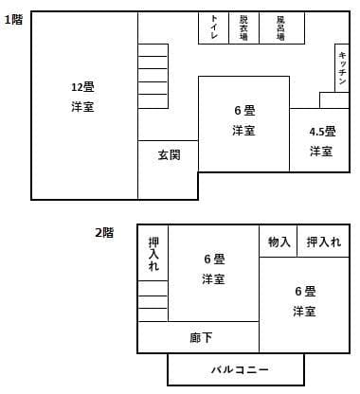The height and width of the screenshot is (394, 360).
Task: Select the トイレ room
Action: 214,28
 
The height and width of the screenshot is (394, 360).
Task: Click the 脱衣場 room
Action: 243,28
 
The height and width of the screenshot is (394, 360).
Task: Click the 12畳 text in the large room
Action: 82,87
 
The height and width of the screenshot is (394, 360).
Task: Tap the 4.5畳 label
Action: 320,131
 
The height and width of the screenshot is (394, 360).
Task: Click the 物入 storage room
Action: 279,242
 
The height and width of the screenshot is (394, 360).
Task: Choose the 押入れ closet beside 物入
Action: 323,242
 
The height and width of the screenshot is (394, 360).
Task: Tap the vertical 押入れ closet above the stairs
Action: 153,254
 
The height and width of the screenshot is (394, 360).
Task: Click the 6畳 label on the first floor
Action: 243,111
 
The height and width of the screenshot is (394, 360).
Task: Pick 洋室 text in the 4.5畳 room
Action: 320,152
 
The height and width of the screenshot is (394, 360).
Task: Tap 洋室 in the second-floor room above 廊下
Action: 213,279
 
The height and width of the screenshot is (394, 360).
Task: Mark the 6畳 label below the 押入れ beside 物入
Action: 304,291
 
